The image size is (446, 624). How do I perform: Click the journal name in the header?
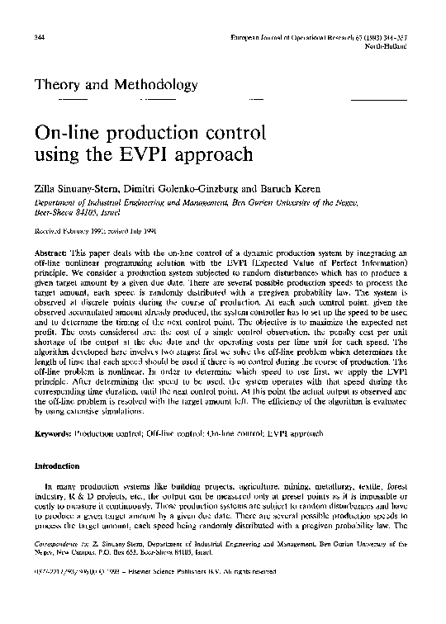point(332,39)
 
